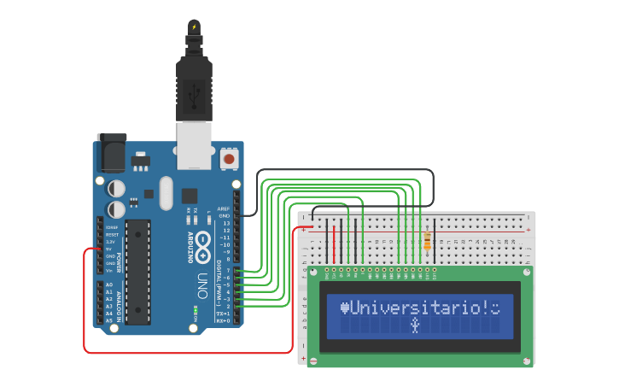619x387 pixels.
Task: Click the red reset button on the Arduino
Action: click(229, 159)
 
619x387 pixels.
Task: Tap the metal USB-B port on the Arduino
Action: click(194, 146)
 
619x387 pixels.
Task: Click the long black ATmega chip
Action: click(137, 273)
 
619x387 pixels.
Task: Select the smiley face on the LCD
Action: click(494, 307)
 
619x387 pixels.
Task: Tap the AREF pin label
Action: click(224, 208)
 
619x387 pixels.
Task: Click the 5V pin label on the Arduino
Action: click(109, 249)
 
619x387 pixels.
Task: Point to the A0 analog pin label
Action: click(109, 284)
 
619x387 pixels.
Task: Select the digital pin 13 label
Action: click(225, 223)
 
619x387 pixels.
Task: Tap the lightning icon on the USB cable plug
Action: click(195, 26)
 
